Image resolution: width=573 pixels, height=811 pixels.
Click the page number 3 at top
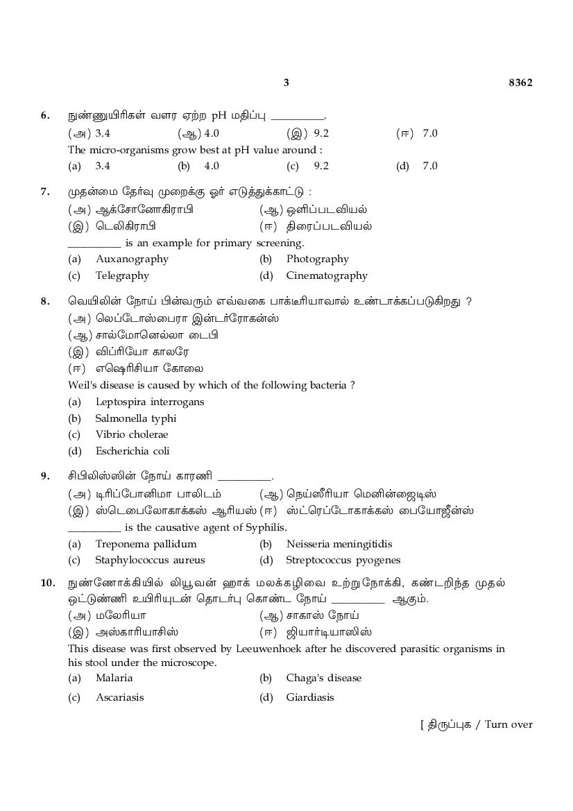point(286,83)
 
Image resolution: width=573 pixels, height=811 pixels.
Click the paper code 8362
point(520,83)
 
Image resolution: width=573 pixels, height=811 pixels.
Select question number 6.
point(45,116)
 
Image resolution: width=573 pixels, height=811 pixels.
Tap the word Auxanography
point(132,259)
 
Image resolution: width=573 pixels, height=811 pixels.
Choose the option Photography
point(317,259)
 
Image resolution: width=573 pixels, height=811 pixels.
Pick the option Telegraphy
point(122,275)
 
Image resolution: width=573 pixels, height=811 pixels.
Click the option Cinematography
point(327,275)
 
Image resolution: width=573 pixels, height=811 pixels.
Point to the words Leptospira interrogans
point(150,402)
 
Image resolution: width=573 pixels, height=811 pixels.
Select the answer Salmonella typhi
point(136,418)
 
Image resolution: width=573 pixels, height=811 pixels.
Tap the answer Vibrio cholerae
point(132,434)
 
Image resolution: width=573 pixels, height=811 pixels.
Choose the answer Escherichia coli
point(132,451)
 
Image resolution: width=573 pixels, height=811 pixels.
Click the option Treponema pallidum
point(146,544)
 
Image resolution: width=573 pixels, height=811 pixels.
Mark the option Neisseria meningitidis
point(339,544)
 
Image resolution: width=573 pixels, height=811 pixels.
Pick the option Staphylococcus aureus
point(150,560)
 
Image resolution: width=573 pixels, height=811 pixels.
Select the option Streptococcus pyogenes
point(343,560)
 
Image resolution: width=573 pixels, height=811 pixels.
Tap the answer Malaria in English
point(114,678)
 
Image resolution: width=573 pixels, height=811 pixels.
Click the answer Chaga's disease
point(324,678)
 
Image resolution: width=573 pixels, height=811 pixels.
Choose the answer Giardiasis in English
point(310,697)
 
